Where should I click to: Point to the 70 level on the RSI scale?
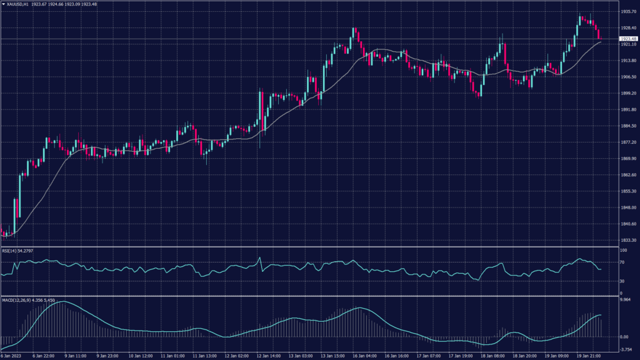(x=622, y=263)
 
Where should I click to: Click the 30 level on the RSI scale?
(x=622, y=281)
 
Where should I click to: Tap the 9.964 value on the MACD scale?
(x=625, y=300)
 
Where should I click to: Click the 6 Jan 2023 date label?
(x=12, y=356)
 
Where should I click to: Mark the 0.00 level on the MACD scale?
(x=623, y=336)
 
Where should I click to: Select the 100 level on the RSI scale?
(x=623, y=250)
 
